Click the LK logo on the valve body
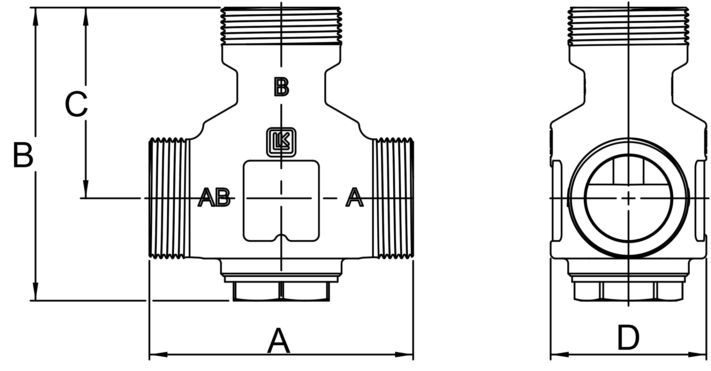point(281,142)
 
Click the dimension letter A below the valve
point(278,341)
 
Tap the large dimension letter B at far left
point(23,155)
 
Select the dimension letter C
point(76,104)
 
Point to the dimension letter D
point(628,338)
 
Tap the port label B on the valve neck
point(281,87)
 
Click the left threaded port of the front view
point(169,198)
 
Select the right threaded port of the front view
point(393,198)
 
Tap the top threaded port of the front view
point(281,26)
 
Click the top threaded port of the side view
point(628,26)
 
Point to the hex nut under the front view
point(281,291)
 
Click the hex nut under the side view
point(628,291)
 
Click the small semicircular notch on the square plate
point(281,237)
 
